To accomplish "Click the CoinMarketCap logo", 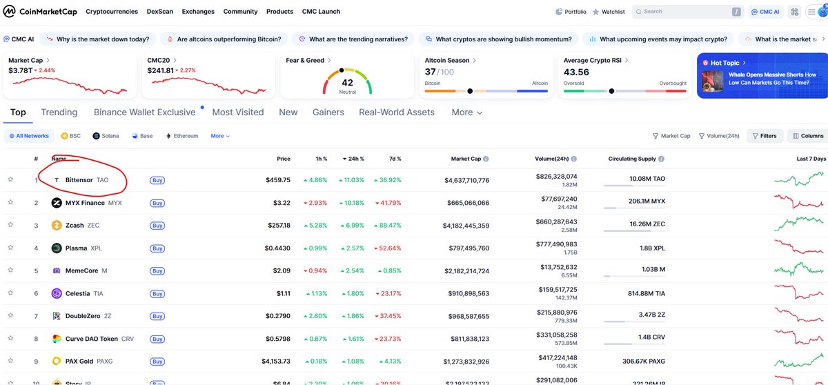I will click(x=40, y=11).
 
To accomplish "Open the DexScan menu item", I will click(x=160, y=12).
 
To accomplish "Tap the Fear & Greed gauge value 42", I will click(x=347, y=82).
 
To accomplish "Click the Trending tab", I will click(x=59, y=112).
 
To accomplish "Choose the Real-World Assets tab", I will click(x=397, y=112).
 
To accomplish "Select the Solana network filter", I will click(x=106, y=136).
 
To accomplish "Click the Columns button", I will click(x=807, y=136).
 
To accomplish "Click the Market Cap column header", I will click(x=466, y=159).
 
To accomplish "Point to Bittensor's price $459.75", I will click(x=277, y=180).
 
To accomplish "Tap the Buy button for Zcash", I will click(x=157, y=226).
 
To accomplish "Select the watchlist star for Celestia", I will click(x=10, y=293).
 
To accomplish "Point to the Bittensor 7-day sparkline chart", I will click(x=800, y=179).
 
